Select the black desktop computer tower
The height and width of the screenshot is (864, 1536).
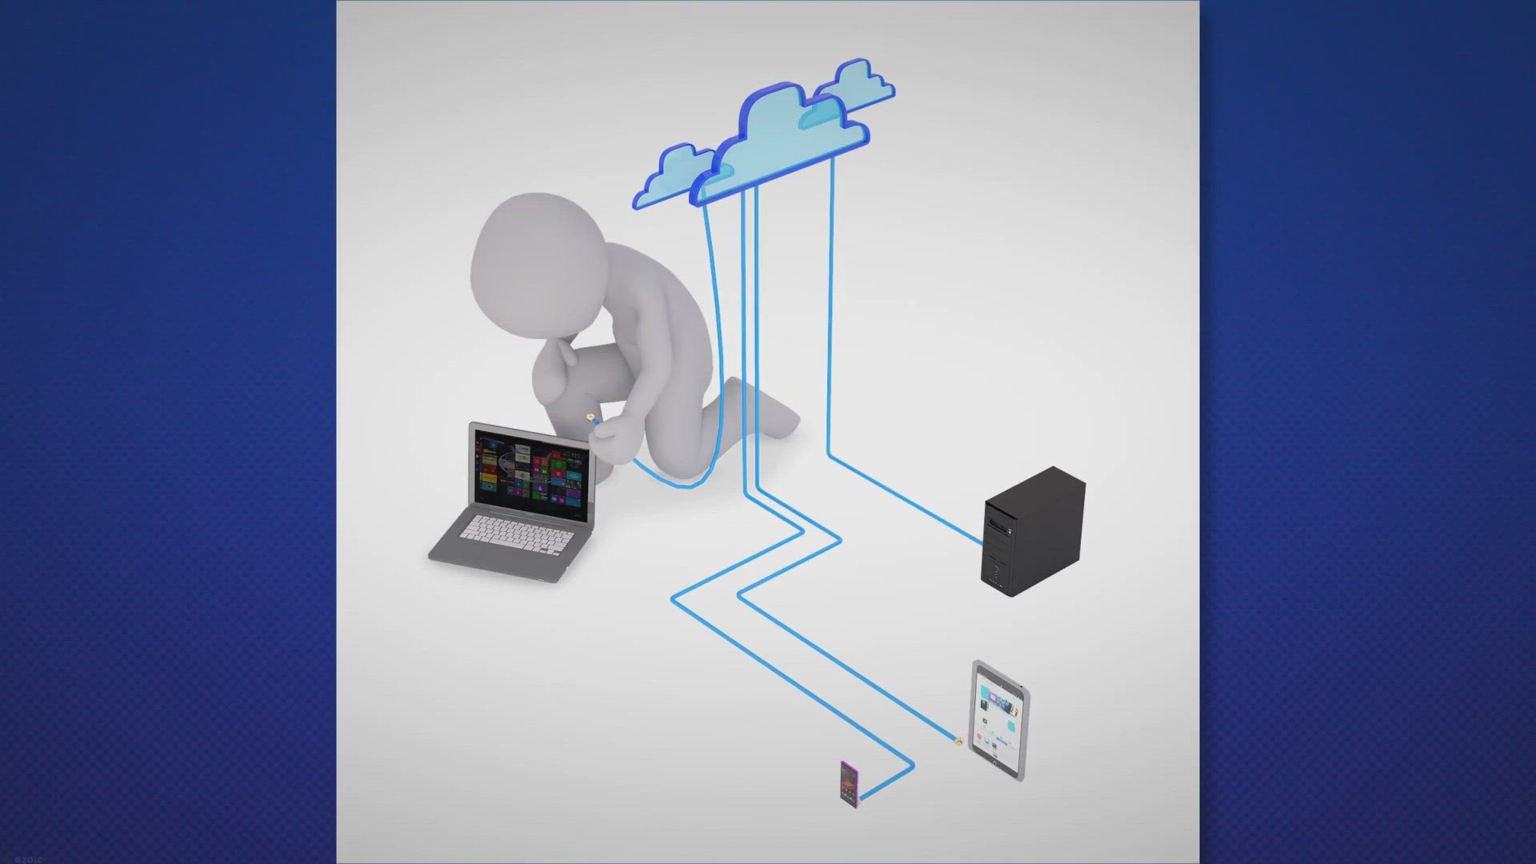[x=1034, y=532]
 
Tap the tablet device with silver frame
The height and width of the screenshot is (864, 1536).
[x=998, y=720]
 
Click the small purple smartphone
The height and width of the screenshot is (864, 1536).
[x=849, y=784]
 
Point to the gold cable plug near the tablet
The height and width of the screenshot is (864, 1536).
[x=958, y=743]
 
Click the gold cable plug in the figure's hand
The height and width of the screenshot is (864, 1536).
[x=591, y=418]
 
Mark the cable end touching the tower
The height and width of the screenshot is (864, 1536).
[x=982, y=543]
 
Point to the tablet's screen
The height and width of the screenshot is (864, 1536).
[x=998, y=716]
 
